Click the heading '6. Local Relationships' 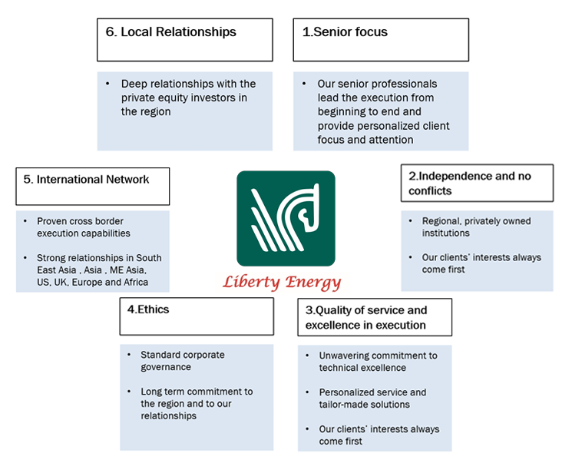coord(171,32)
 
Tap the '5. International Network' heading coord(86,180)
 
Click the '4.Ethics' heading coord(149,309)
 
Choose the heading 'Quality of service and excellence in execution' coord(365,318)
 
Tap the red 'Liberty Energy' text coord(282,282)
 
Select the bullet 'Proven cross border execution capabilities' coord(83,227)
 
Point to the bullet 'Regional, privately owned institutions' coord(476,227)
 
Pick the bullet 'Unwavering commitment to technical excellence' coord(378,362)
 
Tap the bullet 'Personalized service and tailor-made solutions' coord(372,399)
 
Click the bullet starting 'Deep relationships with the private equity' coord(187,98)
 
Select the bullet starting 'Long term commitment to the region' coord(196,403)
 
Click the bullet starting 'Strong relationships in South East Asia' coord(98,270)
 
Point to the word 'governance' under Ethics coord(165,367)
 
